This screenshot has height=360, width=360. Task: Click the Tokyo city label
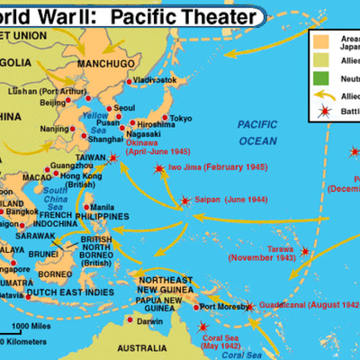tap(181, 118)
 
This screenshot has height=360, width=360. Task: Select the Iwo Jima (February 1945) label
tap(202, 167)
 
